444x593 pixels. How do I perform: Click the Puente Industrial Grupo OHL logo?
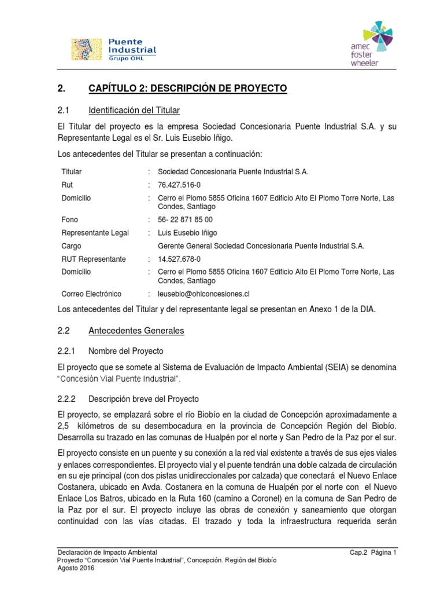pyautogui.click(x=113, y=49)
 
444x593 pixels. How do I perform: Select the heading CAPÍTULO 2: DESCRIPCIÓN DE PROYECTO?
pyautogui.click(x=187, y=89)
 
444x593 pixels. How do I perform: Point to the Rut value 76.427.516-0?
pyautogui.click(x=179, y=185)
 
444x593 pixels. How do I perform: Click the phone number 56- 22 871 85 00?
pyautogui.click(x=185, y=219)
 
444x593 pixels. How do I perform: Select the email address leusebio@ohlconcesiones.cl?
pyautogui.click(x=203, y=294)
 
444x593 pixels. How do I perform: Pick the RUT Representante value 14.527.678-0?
pyautogui.click(x=179, y=259)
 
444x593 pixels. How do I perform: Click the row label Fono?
pyautogui.click(x=69, y=219)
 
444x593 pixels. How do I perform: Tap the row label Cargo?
pyautogui.click(x=71, y=246)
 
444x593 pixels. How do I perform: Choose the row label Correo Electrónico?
pyautogui.click(x=91, y=294)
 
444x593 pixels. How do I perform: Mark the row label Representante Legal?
pyautogui.click(x=95, y=233)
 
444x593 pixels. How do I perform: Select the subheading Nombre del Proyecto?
pyautogui.click(x=125, y=351)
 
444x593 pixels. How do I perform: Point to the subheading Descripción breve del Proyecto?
pyautogui.click(x=143, y=399)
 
